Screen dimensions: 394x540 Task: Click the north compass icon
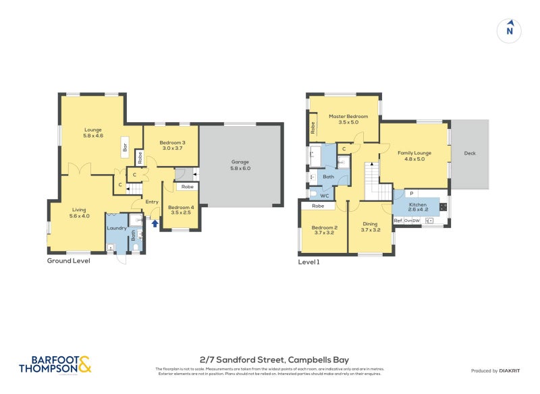point(510,30)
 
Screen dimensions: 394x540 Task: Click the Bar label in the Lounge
point(125,146)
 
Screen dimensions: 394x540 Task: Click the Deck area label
point(470,153)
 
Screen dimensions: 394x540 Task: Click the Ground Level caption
point(68,260)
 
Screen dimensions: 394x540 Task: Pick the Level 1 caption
point(308,262)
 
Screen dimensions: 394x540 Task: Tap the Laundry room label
point(117,228)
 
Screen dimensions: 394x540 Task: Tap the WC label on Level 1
point(324,196)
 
